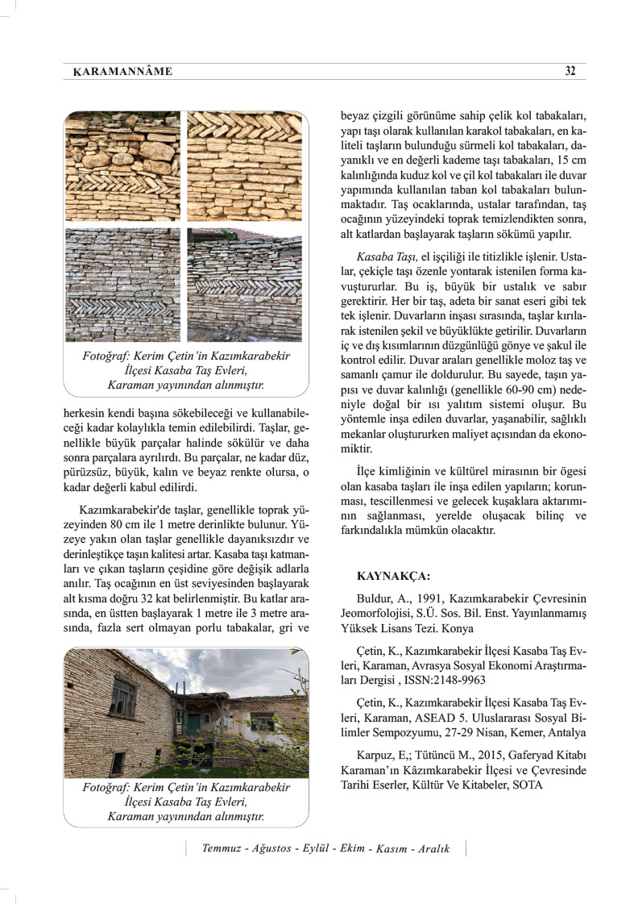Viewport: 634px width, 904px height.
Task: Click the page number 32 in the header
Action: [570, 71]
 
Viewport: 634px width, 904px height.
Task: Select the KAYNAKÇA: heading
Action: [393, 576]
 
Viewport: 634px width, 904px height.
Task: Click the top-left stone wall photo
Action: [122, 166]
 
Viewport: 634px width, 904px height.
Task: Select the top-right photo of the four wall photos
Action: [244, 166]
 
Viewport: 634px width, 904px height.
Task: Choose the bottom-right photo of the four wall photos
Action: [244, 285]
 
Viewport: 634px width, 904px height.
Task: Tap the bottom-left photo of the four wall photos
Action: [122, 285]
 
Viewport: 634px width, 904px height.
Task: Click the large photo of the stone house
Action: [186, 713]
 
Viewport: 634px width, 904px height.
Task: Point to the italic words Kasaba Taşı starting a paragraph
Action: [386, 255]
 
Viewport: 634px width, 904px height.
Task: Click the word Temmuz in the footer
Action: [223, 849]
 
